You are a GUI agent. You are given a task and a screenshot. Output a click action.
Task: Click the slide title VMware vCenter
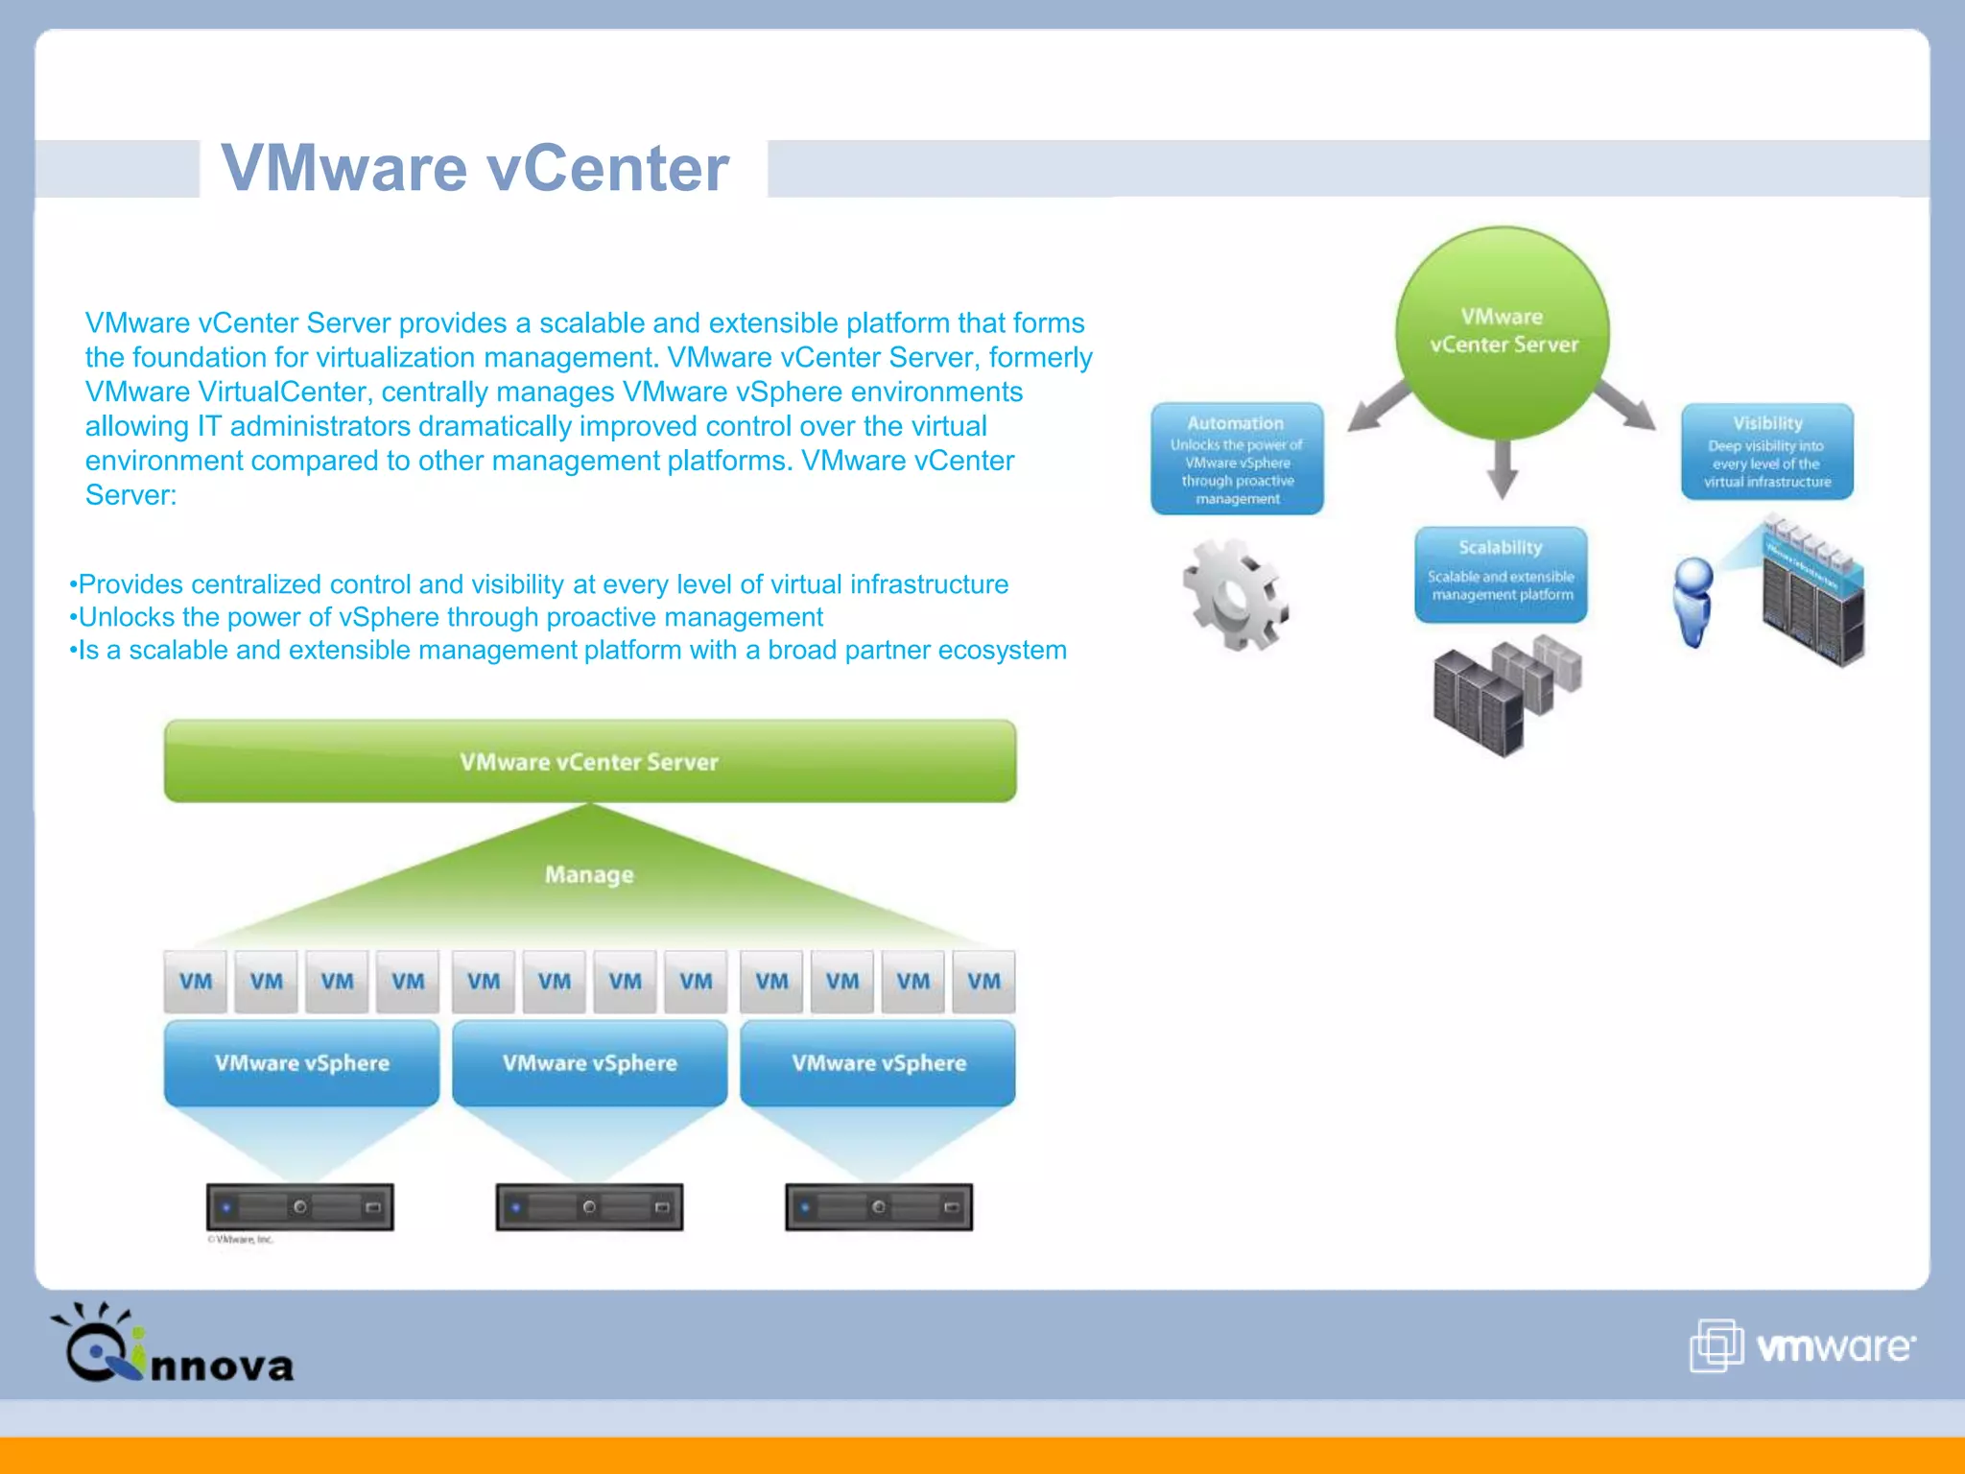[475, 169]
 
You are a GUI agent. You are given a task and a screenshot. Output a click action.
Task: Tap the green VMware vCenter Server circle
[1503, 331]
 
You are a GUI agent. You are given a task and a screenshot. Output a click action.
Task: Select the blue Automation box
[1237, 459]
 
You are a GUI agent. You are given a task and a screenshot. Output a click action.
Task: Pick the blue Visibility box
[1766, 452]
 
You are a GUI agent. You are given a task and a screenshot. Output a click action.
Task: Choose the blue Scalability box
[1501, 574]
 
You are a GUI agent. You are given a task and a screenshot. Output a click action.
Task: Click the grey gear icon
[1235, 595]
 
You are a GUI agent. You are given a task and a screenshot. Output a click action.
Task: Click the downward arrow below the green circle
[1502, 469]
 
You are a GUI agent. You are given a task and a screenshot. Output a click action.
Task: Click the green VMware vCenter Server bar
[589, 761]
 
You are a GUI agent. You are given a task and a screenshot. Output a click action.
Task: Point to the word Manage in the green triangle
[589, 874]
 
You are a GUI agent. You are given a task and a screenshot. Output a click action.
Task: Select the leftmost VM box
[196, 982]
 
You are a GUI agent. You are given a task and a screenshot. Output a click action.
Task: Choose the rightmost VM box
[983, 982]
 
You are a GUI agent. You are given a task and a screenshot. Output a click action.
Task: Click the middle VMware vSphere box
[589, 1063]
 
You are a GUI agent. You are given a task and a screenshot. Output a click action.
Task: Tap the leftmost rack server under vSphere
[300, 1207]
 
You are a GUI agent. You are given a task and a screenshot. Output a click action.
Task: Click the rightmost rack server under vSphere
[878, 1207]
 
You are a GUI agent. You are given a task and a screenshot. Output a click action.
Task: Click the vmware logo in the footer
[1802, 1345]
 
